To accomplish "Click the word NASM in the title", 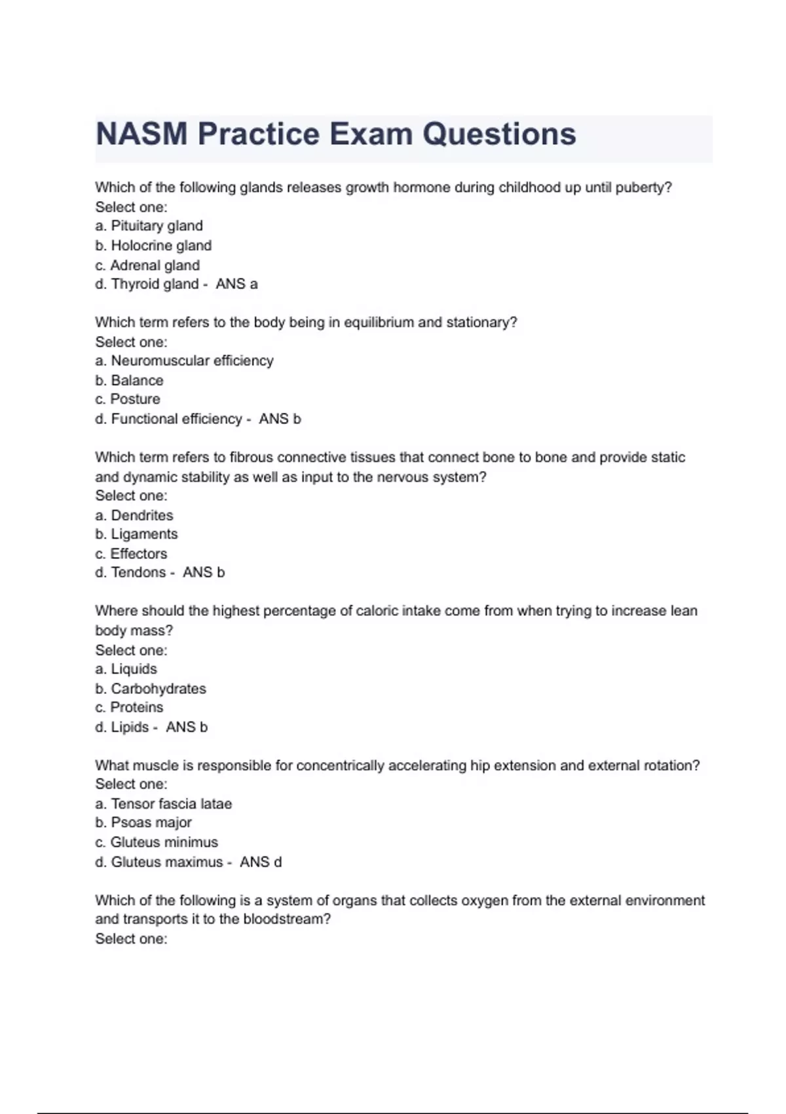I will [x=141, y=134].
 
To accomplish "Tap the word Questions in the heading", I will [x=499, y=134].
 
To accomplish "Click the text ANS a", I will [x=236, y=284].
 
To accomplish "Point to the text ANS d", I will [x=261, y=862].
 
